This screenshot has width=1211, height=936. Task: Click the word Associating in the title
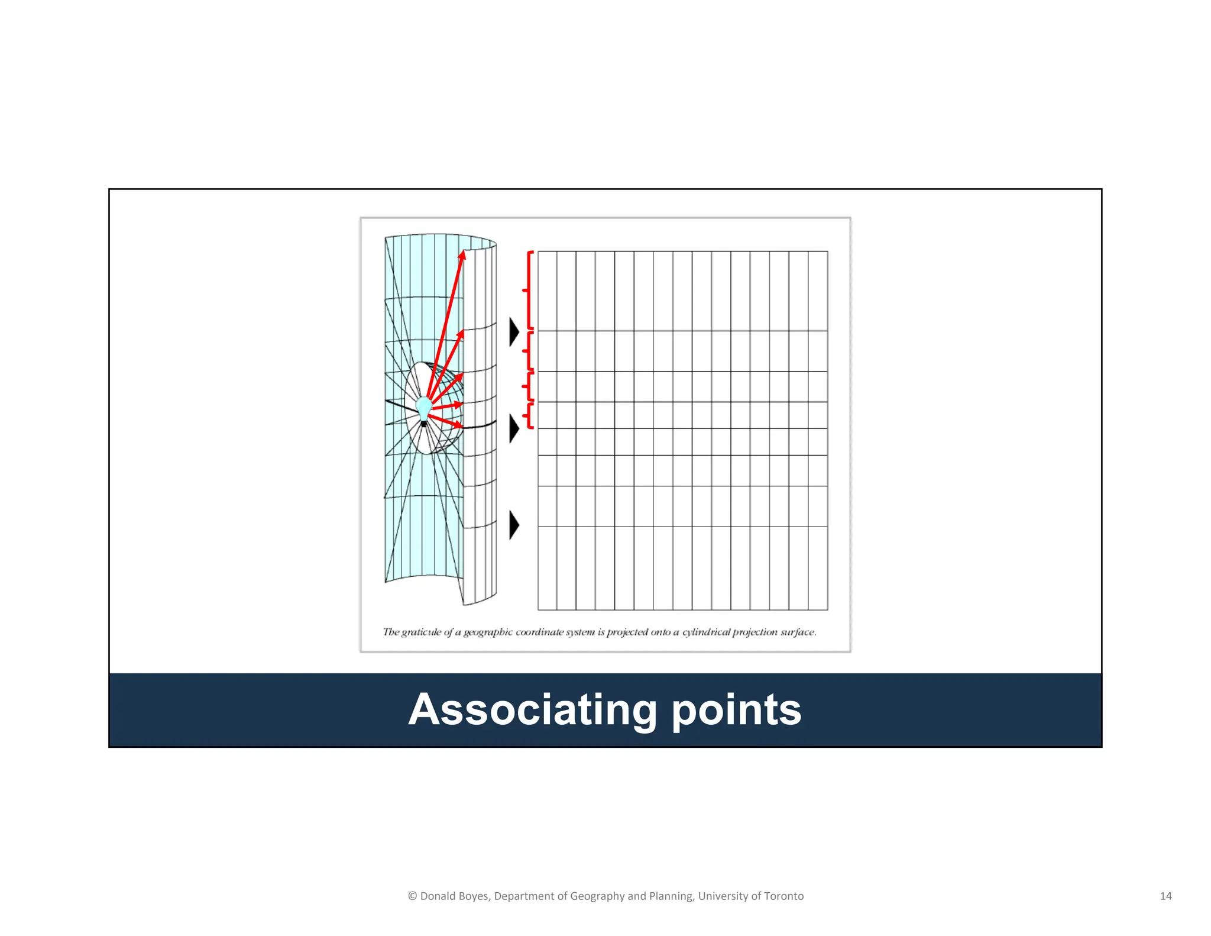[532, 709]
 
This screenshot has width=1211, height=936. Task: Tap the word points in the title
[736, 709]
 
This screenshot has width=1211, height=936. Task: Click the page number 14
[1165, 896]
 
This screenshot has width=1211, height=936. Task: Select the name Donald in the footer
[438, 896]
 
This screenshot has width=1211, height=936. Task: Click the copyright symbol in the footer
[412, 896]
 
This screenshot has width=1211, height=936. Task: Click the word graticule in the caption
[421, 632]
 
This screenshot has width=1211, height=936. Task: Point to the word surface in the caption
[798, 632]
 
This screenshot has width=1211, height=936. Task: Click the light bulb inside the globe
[424, 408]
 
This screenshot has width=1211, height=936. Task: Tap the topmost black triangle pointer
[514, 332]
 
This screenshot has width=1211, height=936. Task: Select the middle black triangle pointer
[514, 428]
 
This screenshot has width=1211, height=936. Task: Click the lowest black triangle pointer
[514, 525]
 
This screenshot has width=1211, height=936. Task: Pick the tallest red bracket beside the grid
[528, 290]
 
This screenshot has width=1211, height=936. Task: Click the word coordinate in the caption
[539, 632]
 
